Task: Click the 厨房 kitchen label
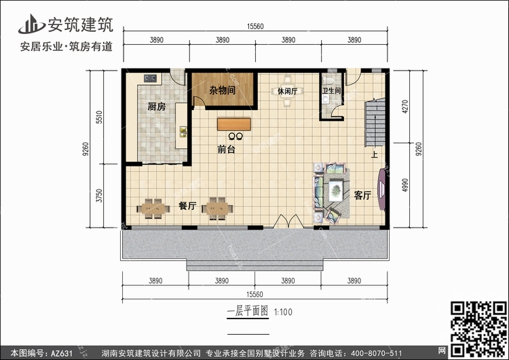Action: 157,106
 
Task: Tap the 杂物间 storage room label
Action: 223,90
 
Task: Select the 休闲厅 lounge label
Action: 287,91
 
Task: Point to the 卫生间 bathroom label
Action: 331,90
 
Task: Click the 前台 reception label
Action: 226,149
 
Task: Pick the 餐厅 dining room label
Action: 187,206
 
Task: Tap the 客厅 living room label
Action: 362,195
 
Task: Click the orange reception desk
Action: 234,124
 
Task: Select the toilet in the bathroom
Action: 329,80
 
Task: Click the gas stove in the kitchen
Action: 150,78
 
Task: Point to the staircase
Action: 375,123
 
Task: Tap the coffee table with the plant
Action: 336,190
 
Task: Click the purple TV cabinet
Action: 382,190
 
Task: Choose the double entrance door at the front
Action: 288,221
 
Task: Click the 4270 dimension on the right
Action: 404,107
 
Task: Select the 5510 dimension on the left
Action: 99,118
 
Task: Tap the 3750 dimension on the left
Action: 99,196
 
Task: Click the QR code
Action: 479,329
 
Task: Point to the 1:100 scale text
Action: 284,312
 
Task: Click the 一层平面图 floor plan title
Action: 248,312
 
